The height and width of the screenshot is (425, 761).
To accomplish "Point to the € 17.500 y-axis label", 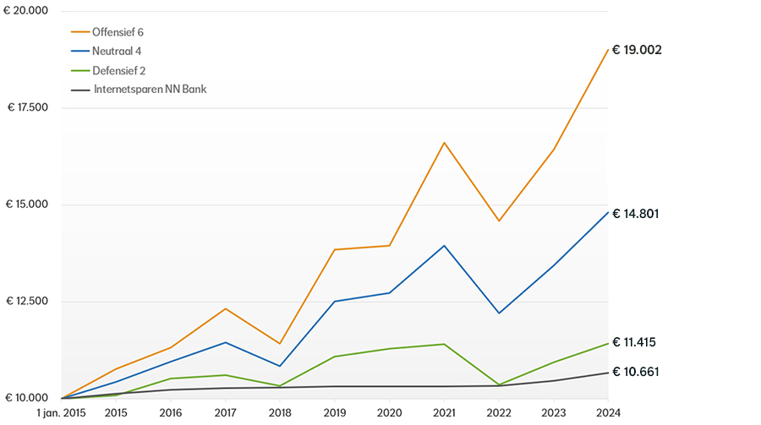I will click(x=27, y=107).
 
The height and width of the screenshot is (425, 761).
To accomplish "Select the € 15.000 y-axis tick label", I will click(x=27, y=204).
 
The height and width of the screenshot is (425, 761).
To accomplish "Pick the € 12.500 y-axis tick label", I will click(x=27, y=302).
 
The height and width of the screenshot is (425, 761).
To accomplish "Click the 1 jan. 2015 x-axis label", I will click(x=63, y=413).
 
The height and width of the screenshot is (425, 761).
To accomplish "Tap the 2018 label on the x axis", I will click(x=280, y=413).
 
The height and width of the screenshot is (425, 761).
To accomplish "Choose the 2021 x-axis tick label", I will click(x=444, y=413).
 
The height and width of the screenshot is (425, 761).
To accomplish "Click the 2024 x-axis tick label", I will click(x=607, y=413).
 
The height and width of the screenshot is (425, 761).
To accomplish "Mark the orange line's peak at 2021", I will click(x=444, y=142).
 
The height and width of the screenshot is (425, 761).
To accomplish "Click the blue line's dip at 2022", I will click(x=499, y=313).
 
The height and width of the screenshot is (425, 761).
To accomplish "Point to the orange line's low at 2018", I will click(x=280, y=344).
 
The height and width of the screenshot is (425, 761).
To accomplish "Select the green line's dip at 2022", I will click(x=499, y=385).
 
